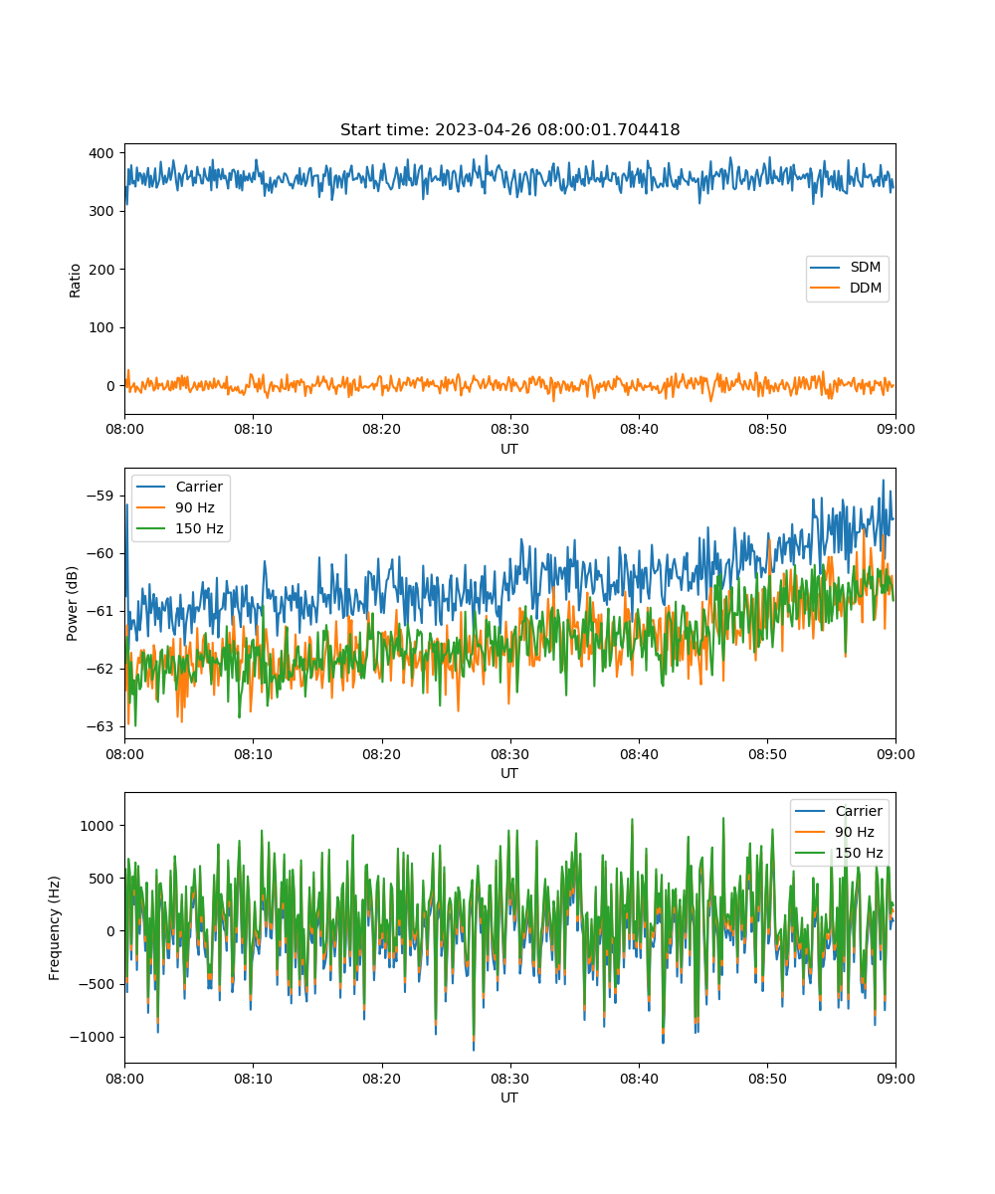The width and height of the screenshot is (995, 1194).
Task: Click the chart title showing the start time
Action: (x=509, y=129)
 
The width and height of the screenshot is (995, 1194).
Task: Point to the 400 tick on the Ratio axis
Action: (x=101, y=153)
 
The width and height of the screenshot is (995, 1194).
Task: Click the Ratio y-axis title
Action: (x=75, y=281)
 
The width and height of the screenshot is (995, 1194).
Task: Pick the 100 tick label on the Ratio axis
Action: (x=101, y=327)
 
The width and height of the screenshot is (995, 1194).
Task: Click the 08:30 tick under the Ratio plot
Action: (x=509, y=429)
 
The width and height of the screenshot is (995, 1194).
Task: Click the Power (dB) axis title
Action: (x=72, y=603)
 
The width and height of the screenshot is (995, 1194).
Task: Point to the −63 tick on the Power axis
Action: (x=100, y=726)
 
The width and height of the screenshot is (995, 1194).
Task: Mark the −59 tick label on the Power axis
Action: (x=100, y=496)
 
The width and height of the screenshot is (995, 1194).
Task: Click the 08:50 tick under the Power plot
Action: (x=767, y=754)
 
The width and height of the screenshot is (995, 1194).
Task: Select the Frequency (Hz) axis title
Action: (x=54, y=928)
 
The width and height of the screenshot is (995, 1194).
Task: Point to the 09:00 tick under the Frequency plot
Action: (x=895, y=1079)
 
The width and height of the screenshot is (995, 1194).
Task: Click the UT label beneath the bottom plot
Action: (x=508, y=1097)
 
